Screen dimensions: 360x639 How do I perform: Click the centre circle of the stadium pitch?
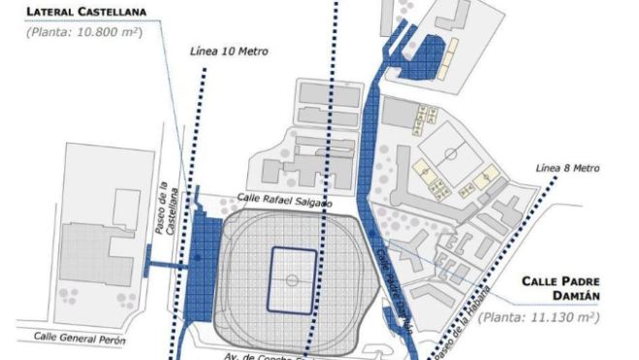tap(292, 280)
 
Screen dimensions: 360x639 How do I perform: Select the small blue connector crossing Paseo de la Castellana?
tap(164, 262)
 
